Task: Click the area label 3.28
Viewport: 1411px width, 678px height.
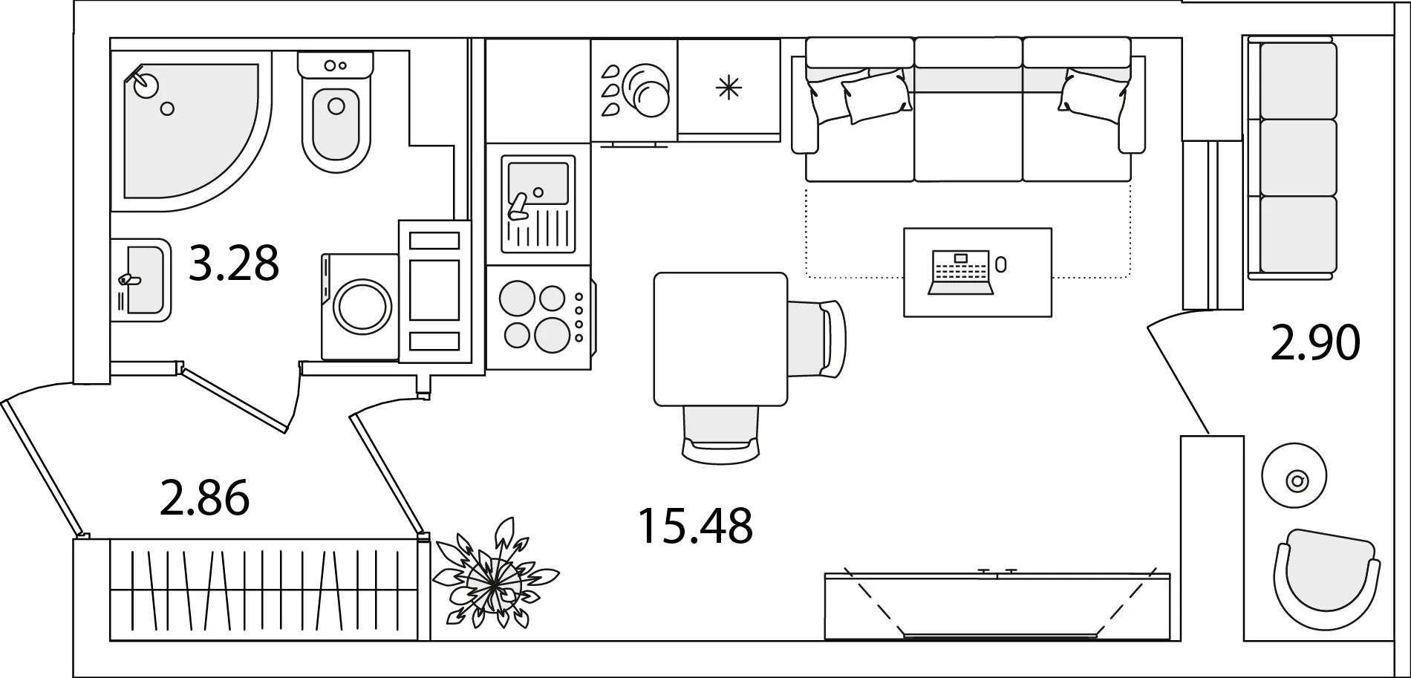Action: click(x=233, y=263)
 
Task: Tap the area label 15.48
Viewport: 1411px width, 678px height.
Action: click(x=695, y=525)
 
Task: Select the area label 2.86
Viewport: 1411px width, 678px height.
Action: click(x=204, y=498)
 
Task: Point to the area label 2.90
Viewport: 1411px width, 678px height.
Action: click(x=1315, y=343)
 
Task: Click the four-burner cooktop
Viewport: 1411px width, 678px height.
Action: click(x=539, y=317)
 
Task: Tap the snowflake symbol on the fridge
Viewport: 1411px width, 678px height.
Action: click(x=729, y=88)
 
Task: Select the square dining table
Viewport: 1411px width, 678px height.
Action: click(x=720, y=339)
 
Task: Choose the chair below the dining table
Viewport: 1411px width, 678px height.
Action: click(x=721, y=434)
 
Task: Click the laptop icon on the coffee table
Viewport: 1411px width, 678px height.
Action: click(x=961, y=273)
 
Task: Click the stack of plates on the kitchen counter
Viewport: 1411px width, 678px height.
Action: click(x=646, y=89)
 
